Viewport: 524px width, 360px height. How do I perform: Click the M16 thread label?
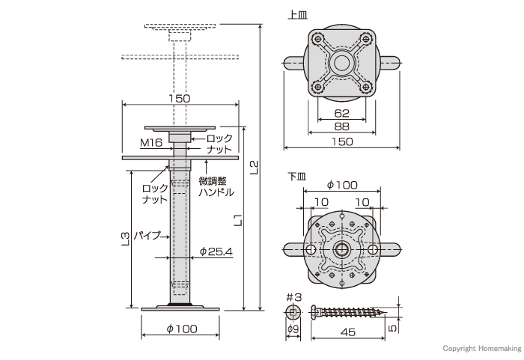click(151, 143)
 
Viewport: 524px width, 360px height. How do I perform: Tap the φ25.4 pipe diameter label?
click(216, 251)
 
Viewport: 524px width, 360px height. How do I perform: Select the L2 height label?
click(255, 168)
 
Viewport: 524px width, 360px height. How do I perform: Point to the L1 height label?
click(237, 220)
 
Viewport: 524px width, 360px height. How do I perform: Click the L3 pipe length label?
click(125, 239)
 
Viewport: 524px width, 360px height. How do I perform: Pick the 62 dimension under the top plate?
click(341, 113)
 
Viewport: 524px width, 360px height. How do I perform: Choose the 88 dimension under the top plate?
click(341, 126)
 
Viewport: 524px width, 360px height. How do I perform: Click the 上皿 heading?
click(297, 15)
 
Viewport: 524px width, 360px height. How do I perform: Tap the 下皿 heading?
click(297, 176)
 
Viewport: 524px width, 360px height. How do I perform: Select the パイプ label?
click(147, 236)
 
